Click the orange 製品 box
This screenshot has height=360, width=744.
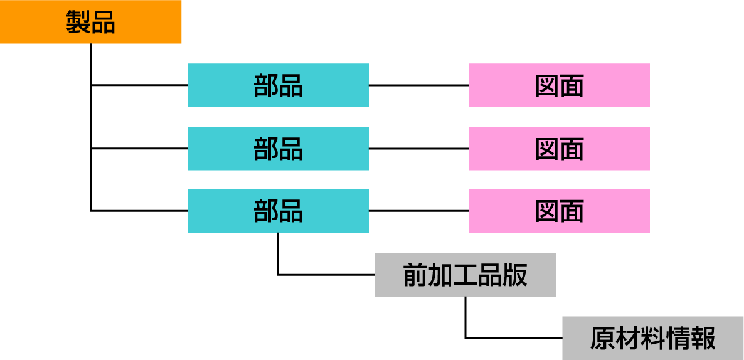click(90, 22)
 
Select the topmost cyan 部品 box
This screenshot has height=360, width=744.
click(278, 85)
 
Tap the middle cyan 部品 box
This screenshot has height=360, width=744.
click(278, 149)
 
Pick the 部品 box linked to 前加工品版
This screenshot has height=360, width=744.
click(278, 211)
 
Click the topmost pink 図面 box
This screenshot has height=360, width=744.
click(559, 85)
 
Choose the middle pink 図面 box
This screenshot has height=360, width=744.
click(559, 149)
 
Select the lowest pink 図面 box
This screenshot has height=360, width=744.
click(559, 211)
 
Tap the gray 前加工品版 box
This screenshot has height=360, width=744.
click(465, 275)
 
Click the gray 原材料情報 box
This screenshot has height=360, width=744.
click(652, 338)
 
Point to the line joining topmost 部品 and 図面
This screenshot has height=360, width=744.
click(418, 85)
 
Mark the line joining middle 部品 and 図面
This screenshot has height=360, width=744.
click(418, 149)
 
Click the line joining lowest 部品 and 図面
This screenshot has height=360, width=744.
click(418, 211)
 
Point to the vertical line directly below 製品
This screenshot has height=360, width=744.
click(91, 63)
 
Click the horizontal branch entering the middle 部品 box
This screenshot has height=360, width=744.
click(139, 149)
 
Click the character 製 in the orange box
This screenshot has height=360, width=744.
click(78, 23)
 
